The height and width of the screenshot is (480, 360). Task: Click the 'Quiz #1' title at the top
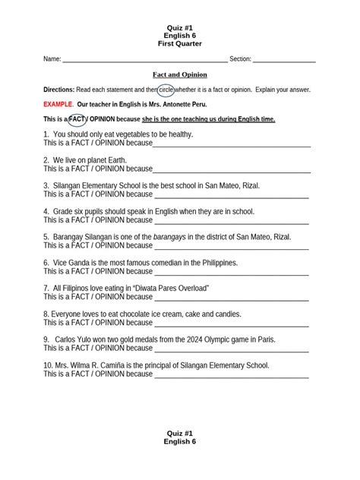(x=179, y=27)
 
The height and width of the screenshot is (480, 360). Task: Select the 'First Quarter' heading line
(x=179, y=44)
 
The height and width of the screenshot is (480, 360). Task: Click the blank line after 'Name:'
(x=144, y=60)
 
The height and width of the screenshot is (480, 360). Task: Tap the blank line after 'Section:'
(x=284, y=60)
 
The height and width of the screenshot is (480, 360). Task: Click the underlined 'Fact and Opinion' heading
(x=180, y=75)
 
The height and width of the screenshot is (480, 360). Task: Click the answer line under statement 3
(x=232, y=195)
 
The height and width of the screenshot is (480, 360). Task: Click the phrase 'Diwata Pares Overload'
(x=170, y=289)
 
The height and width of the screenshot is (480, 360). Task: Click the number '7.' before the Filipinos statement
(x=46, y=289)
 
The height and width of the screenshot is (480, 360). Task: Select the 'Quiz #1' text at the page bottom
(x=179, y=432)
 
